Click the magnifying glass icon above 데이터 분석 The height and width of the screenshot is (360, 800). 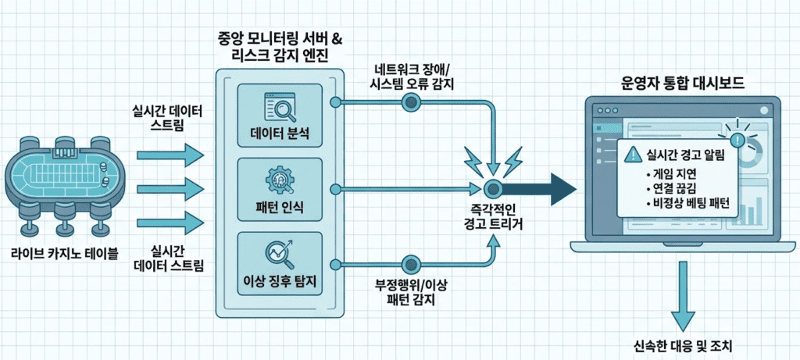click(278, 102)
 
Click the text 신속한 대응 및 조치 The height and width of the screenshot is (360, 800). click(683, 344)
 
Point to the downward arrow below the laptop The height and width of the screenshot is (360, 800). click(683, 293)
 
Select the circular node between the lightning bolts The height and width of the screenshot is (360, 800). click(492, 188)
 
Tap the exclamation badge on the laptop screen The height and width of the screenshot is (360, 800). click(738, 140)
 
